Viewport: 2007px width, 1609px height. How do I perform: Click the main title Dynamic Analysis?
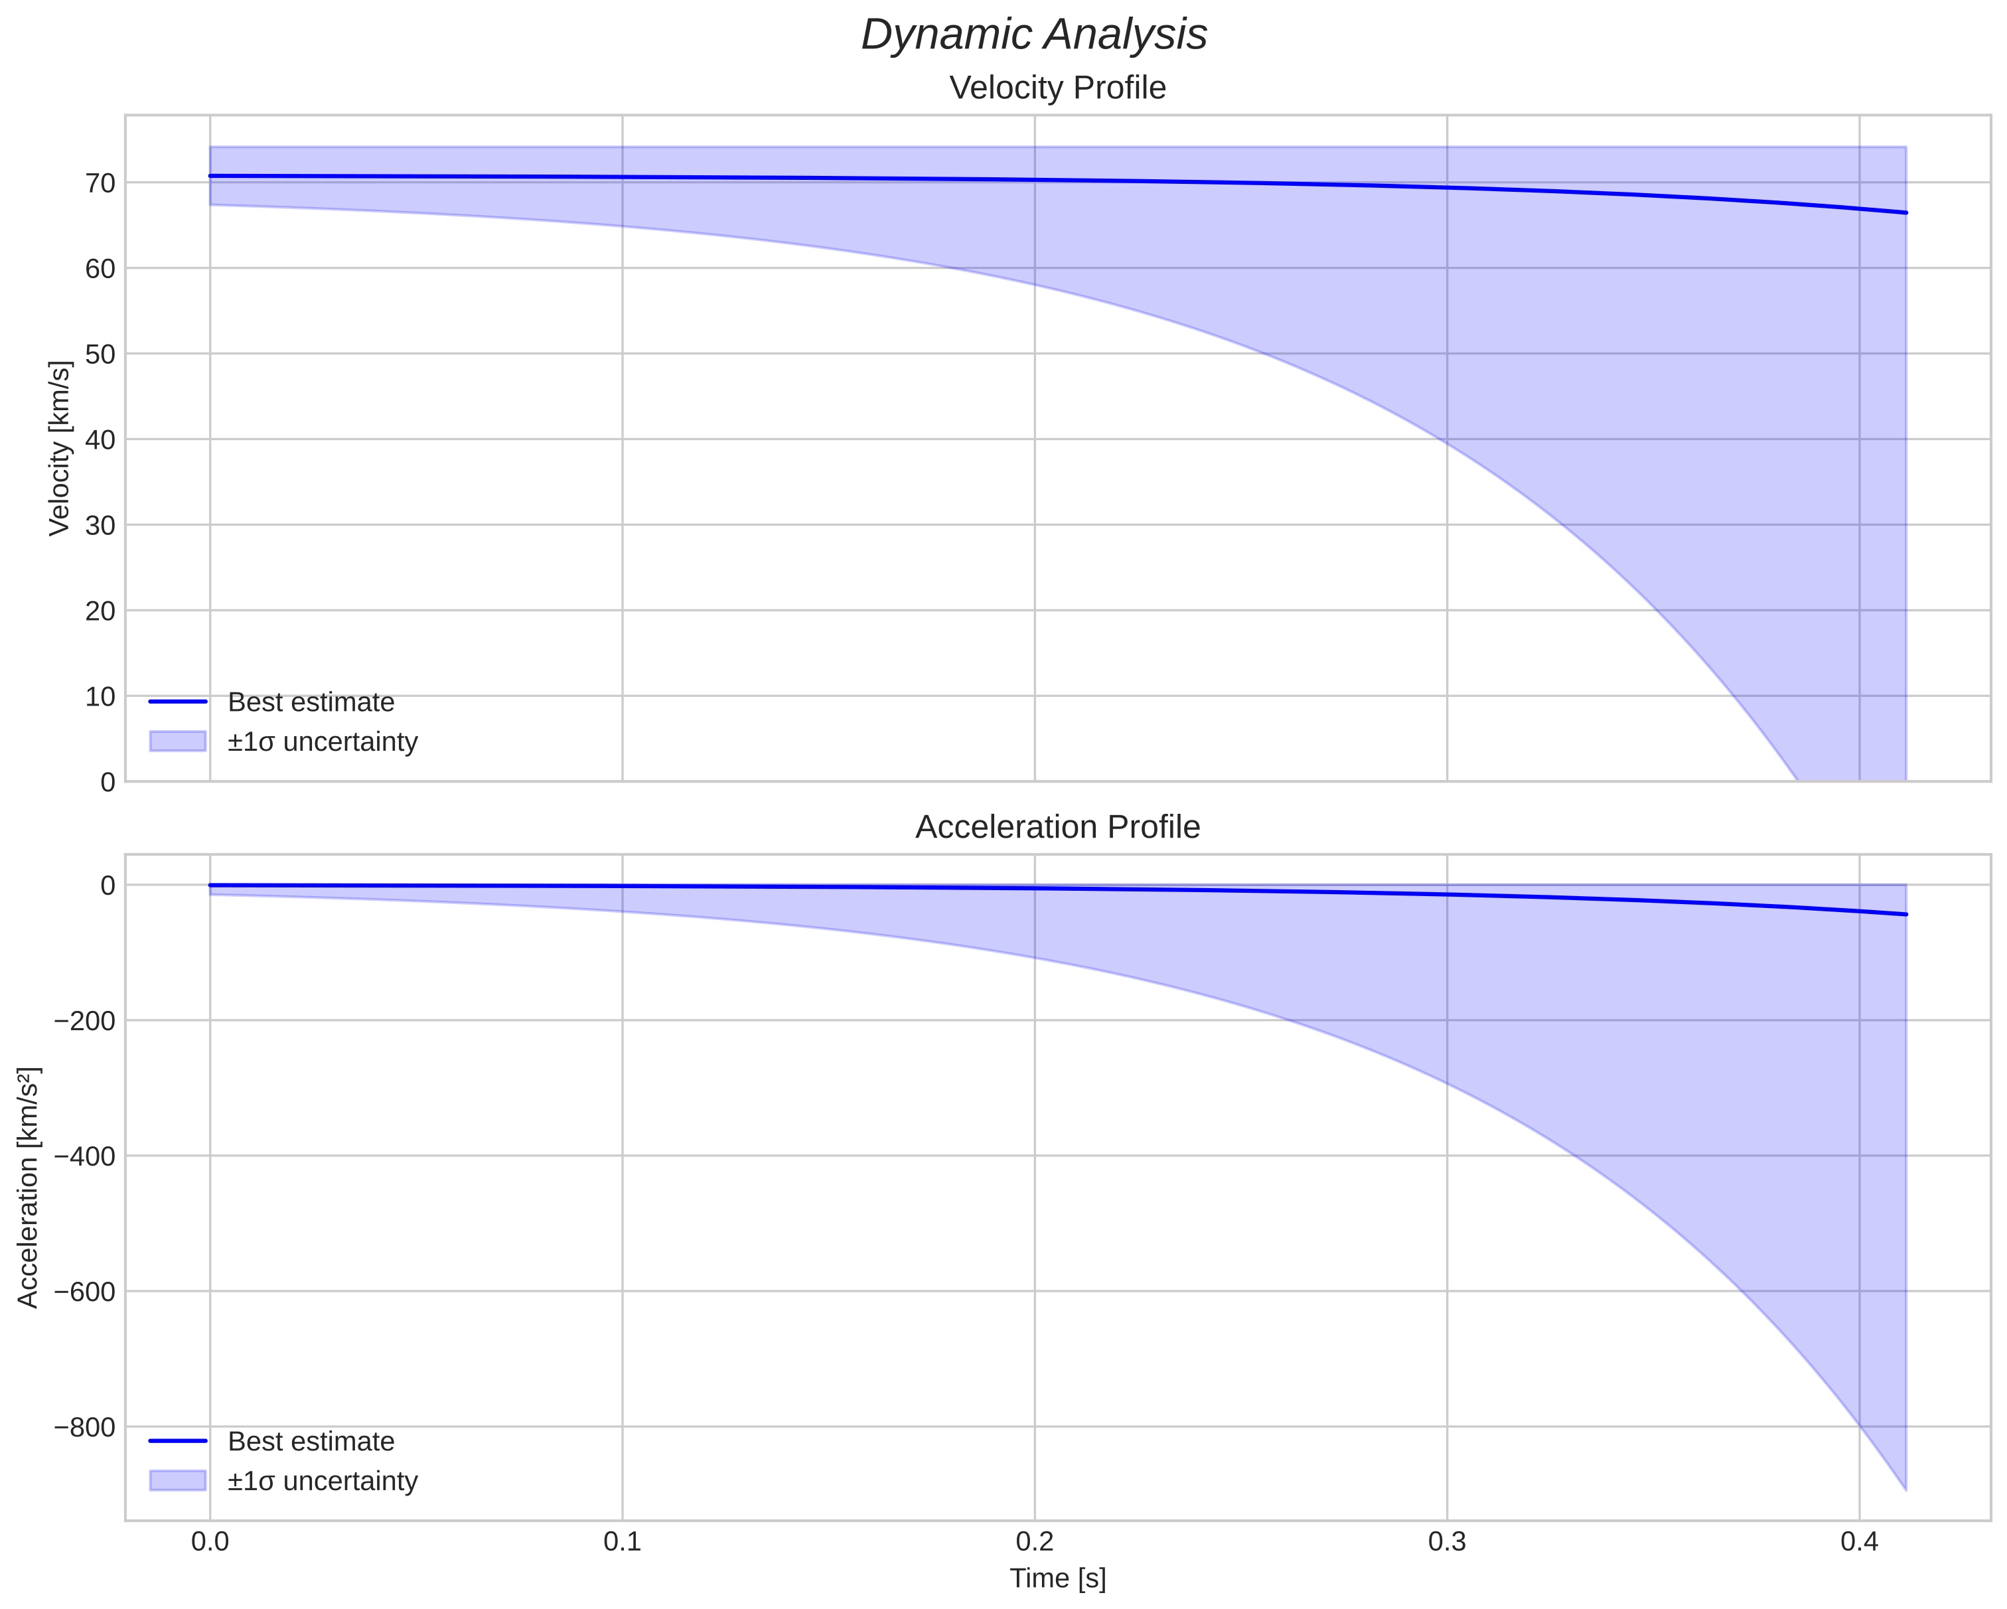click(1034, 35)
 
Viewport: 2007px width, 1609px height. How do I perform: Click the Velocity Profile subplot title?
click(1057, 88)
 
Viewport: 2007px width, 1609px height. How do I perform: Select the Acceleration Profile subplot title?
click(1057, 827)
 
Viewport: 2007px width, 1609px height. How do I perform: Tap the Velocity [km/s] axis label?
click(60, 448)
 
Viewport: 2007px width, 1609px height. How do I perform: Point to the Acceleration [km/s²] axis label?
click(29, 1188)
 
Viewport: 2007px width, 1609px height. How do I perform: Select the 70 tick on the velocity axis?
click(100, 183)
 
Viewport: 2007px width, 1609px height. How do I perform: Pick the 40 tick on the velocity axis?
click(100, 439)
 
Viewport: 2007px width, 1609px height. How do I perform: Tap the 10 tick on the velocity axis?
click(100, 696)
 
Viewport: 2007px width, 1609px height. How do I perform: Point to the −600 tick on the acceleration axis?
click(86, 1292)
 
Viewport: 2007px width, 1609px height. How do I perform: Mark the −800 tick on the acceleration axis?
click(86, 1426)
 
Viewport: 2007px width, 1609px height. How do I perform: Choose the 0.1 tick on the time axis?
click(623, 1542)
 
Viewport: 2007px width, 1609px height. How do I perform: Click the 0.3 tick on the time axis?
click(1447, 1542)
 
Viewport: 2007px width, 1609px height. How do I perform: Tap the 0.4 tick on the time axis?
click(1859, 1542)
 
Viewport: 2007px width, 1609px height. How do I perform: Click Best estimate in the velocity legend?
click(311, 702)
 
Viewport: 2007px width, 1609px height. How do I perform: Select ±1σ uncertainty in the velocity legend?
click(322, 742)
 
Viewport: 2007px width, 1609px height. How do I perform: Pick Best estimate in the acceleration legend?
click(311, 1442)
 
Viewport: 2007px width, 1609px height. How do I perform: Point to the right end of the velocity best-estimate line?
click(1905, 212)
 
